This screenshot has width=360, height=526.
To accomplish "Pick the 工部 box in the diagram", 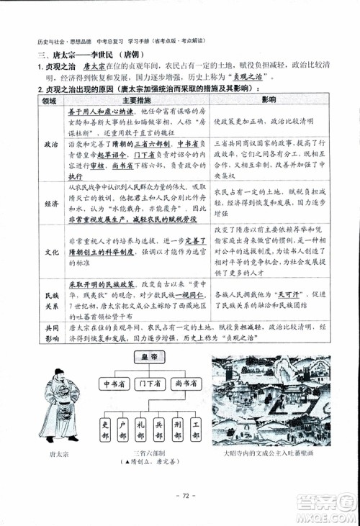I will pos(197,430).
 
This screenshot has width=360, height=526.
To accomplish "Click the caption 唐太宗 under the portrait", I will pos(62,455).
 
